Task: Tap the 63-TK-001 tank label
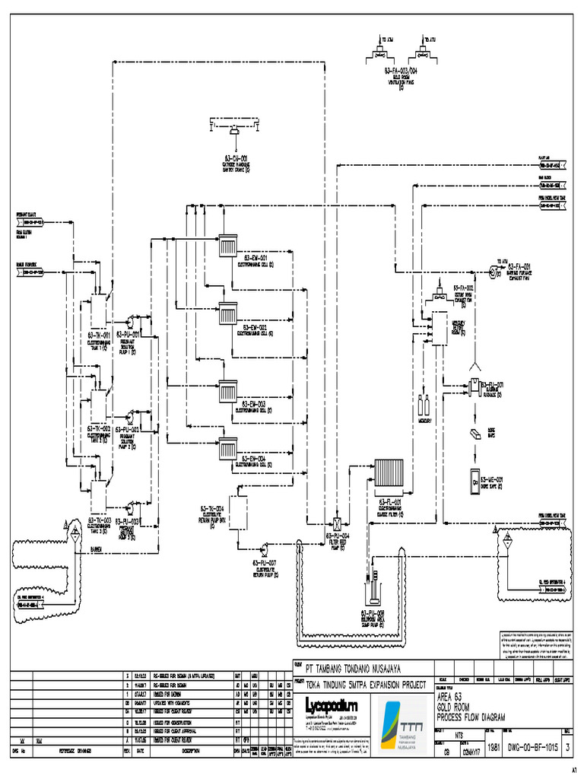pos(99,334)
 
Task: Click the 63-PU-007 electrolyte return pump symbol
pos(263,548)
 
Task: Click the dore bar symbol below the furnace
pos(474,434)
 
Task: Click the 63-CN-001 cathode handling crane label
pos(236,160)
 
